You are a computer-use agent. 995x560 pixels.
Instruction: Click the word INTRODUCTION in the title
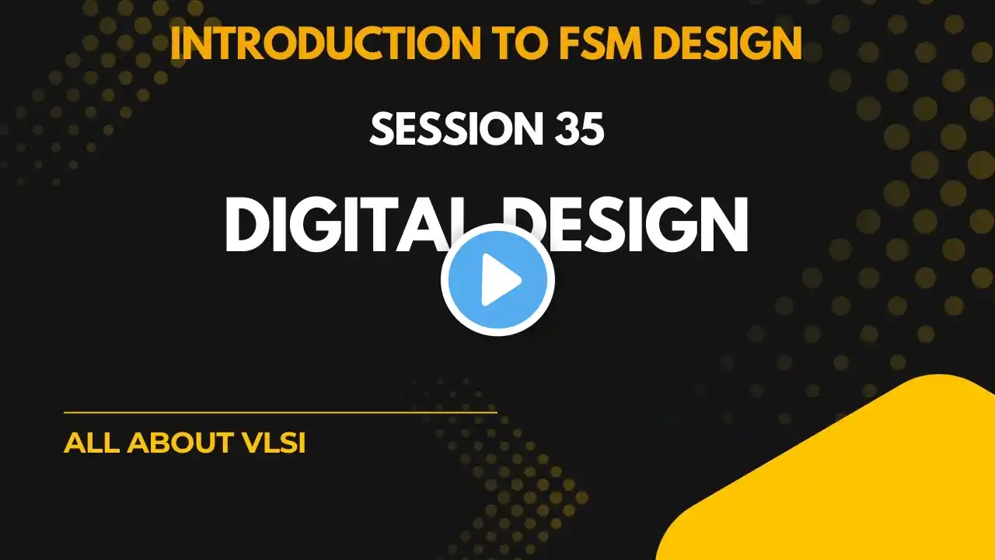[326, 43]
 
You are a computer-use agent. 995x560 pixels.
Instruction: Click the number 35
[581, 129]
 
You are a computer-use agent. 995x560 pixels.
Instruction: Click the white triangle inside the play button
[501, 279]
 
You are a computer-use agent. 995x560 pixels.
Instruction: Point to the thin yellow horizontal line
[281, 412]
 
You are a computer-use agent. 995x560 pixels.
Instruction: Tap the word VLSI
[274, 443]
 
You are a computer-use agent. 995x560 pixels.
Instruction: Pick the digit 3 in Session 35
[568, 129]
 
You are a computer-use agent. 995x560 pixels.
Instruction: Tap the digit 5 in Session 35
[593, 129]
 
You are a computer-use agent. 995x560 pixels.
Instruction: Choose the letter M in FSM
[624, 43]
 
